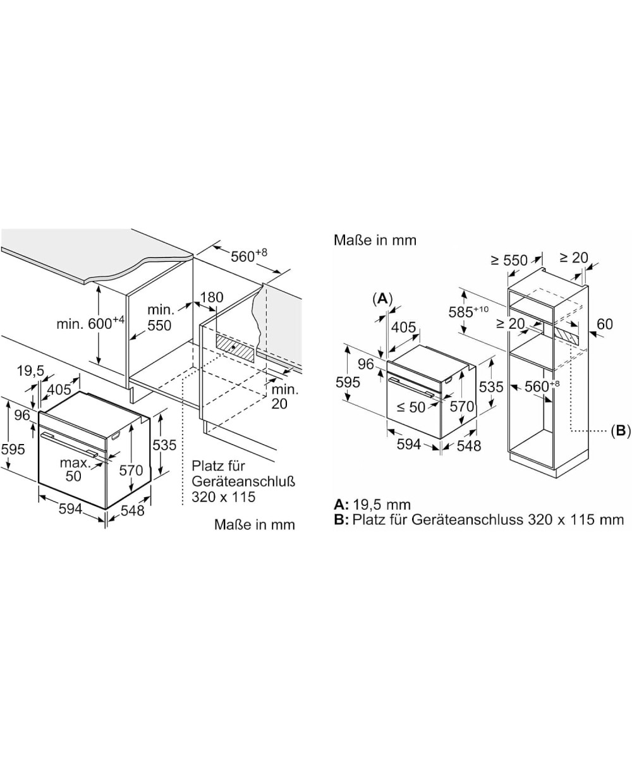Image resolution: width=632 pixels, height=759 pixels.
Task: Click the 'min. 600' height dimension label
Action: click(90, 323)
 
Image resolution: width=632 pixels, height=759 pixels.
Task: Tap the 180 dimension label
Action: click(212, 297)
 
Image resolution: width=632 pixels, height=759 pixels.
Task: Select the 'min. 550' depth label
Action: click(159, 318)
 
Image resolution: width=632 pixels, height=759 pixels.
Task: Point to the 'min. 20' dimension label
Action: click(285, 396)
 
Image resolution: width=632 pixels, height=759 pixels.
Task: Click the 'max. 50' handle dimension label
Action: click(74, 470)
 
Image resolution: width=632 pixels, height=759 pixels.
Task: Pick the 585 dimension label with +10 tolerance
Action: click(468, 311)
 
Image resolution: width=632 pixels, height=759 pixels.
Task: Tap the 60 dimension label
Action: click(604, 324)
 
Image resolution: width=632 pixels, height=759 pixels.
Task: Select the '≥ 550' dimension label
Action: click(509, 260)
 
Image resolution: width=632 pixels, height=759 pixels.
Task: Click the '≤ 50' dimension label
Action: click(411, 407)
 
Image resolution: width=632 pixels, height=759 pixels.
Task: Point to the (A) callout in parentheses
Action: click(382, 299)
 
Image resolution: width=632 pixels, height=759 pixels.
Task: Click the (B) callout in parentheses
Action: click(621, 431)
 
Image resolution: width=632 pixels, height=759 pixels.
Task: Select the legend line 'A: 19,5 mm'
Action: click(372, 505)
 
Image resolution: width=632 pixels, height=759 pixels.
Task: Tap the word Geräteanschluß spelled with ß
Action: click(243, 481)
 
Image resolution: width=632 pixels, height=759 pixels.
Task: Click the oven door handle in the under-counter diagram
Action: click(69, 444)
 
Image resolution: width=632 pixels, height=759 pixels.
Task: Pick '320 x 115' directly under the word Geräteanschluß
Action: click(224, 497)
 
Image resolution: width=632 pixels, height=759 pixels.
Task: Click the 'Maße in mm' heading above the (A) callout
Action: click(375, 240)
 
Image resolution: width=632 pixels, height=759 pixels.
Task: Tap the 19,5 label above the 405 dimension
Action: click(30, 371)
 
